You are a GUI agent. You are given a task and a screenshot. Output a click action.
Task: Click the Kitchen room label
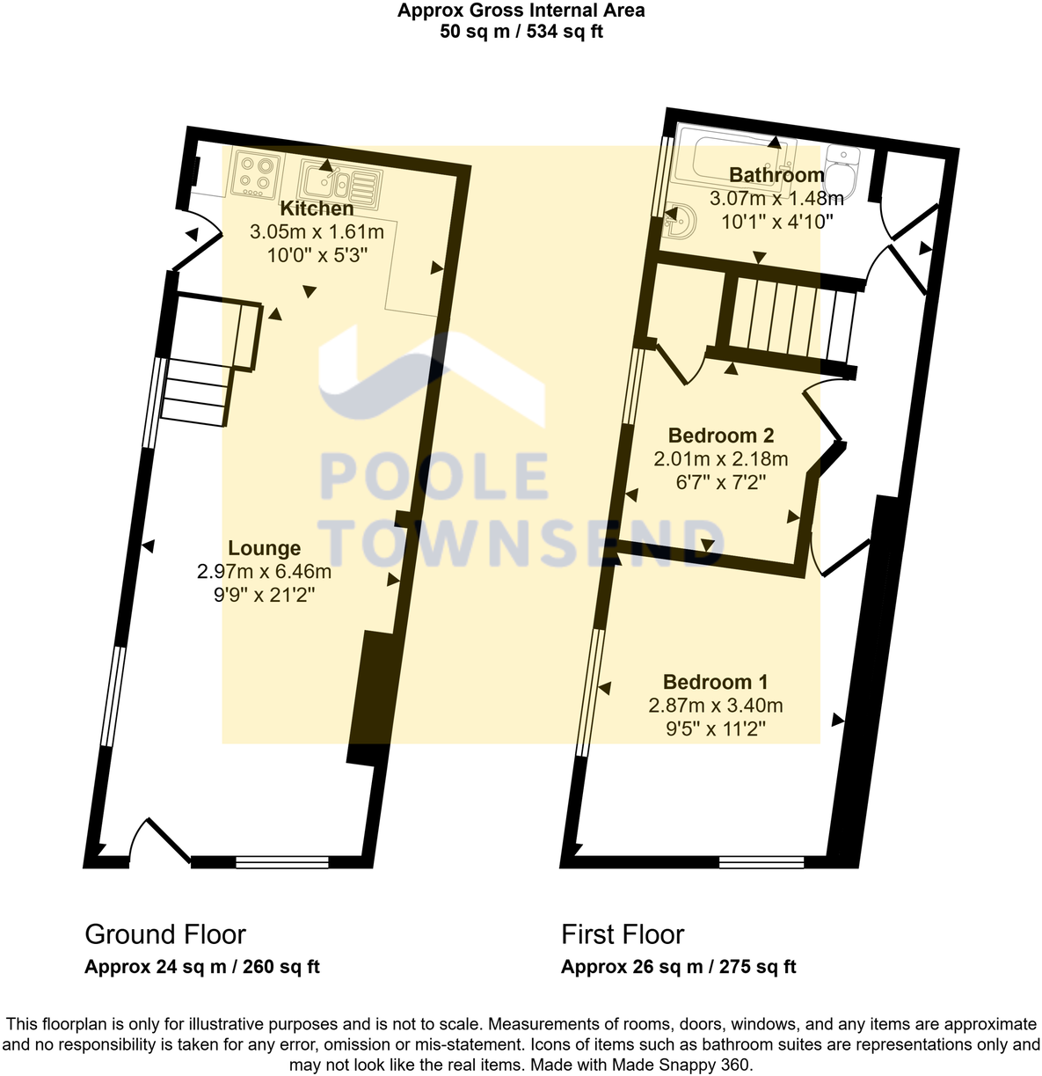click(317, 209)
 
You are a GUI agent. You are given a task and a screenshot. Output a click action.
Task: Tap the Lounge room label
click(264, 548)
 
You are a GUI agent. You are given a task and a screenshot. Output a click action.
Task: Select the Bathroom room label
click(776, 175)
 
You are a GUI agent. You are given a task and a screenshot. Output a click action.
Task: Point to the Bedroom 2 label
click(721, 436)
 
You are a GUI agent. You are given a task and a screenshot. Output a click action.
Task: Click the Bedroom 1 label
click(716, 682)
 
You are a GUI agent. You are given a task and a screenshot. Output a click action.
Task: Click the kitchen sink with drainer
click(339, 185)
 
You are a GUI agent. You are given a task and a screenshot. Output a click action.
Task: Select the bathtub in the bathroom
click(736, 160)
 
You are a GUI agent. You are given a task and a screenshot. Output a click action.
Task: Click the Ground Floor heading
click(165, 934)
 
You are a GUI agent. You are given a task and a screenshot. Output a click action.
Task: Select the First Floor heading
click(623, 934)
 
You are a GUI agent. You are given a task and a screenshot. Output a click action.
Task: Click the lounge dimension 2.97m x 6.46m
click(264, 571)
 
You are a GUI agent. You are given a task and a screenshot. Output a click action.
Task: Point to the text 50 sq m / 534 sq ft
click(521, 32)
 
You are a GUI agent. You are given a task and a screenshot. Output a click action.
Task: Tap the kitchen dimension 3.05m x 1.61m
click(317, 231)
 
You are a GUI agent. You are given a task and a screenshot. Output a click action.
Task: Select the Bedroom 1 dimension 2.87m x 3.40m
click(716, 706)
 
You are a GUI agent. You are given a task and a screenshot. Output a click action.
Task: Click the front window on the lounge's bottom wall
click(282, 862)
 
